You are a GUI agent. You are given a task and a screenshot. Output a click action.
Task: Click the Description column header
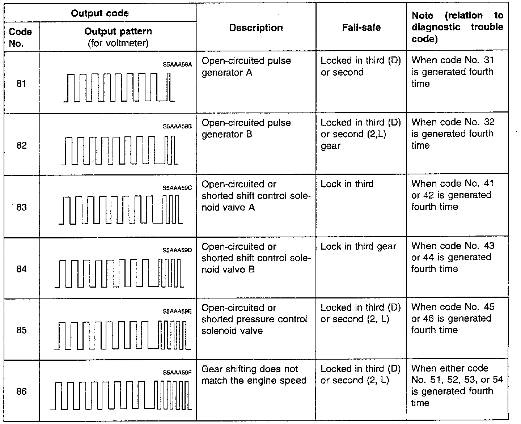(x=256, y=28)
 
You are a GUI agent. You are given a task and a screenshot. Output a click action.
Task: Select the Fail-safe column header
(x=361, y=28)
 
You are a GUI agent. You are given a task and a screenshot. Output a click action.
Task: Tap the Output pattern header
(x=118, y=31)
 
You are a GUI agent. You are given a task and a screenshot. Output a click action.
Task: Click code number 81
(x=21, y=84)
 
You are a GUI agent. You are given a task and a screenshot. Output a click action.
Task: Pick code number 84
(x=21, y=269)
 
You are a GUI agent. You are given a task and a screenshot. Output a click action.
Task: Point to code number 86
(x=21, y=391)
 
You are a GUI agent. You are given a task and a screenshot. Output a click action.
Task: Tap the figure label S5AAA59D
(x=177, y=250)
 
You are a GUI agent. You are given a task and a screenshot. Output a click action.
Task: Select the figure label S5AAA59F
(x=177, y=372)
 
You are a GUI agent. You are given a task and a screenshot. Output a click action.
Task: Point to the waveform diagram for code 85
(x=122, y=335)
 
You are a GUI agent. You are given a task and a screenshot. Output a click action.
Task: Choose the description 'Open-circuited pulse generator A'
(x=246, y=67)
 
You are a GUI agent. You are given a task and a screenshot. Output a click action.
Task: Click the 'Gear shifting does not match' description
(x=254, y=375)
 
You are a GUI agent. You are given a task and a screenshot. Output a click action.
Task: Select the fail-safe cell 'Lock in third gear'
(x=358, y=246)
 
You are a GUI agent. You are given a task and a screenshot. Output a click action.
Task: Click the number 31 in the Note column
(x=488, y=60)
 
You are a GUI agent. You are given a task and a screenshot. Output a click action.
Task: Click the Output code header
(x=99, y=13)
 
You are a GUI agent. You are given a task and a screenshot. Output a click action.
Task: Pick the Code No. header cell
(x=20, y=37)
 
